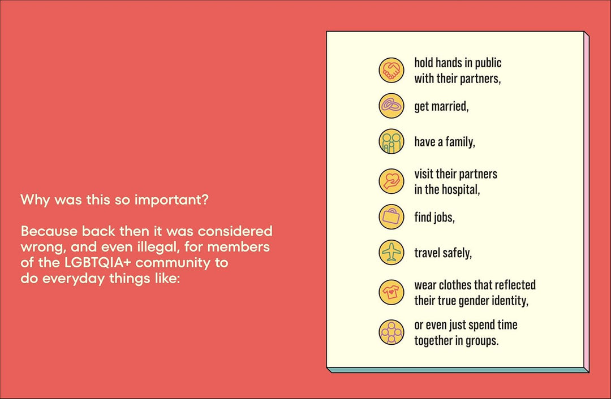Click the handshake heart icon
click(391, 70)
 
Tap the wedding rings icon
click(391, 106)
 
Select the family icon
click(391, 141)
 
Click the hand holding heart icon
click(391, 181)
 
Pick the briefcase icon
click(391, 217)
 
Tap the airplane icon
click(391, 252)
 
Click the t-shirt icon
click(391, 292)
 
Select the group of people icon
click(391, 332)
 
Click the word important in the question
click(171, 200)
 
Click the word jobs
click(443, 217)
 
